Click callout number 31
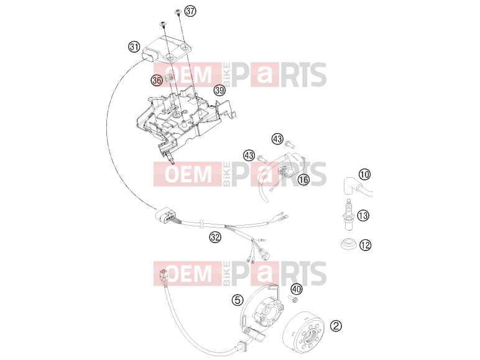[x=134, y=47]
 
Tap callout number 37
[x=190, y=11]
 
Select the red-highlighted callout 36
[x=157, y=80]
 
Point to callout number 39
[x=219, y=90]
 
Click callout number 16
[x=303, y=180]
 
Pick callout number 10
[x=364, y=175]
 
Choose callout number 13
[x=363, y=216]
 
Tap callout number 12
[x=365, y=245]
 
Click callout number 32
[x=215, y=237]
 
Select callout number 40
[x=296, y=289]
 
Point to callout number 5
[x=238, y=300]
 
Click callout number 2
[x=336, y=326]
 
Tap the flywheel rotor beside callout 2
[x=303, y=333]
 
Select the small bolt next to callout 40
[x=293, y=299]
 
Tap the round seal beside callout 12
[x=348, y=244]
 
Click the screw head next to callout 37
[x=178, y=12]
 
